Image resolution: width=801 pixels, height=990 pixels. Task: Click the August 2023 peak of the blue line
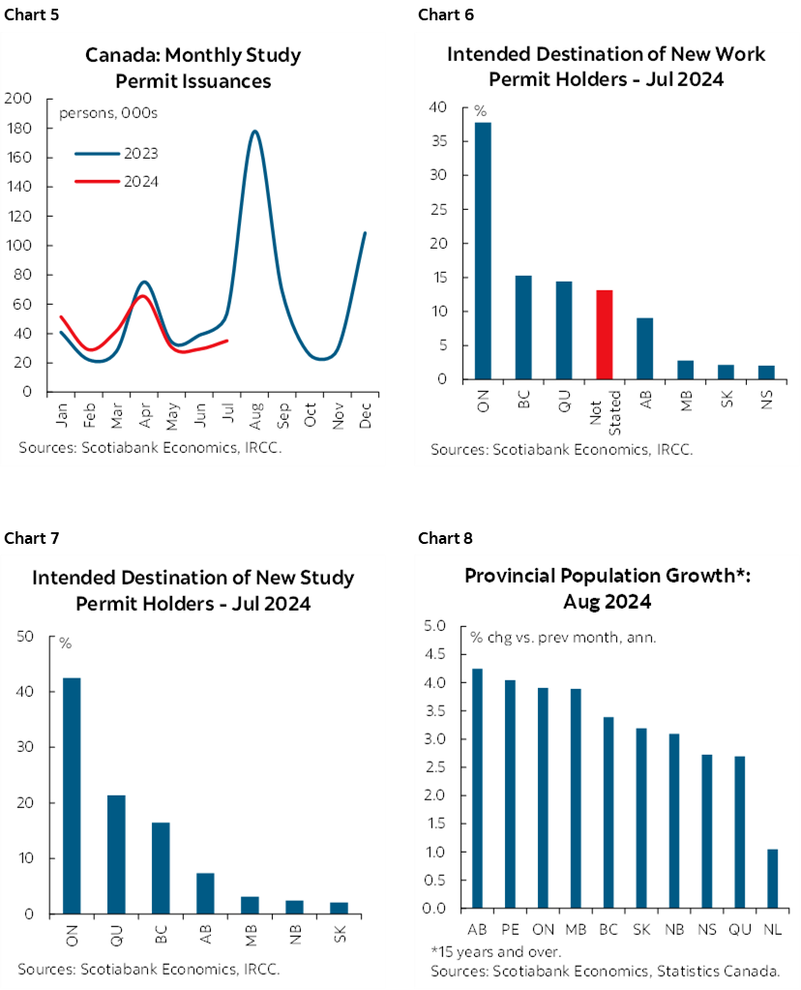point(254,132)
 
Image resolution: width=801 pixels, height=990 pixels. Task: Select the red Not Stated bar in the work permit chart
point(604,334)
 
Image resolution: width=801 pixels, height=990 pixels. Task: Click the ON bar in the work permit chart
point(482,251)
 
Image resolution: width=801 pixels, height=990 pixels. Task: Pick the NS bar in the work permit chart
point(767,373)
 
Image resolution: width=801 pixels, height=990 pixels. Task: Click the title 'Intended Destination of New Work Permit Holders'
point(606,66)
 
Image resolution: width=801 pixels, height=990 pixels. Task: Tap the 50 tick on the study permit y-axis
point(25,636)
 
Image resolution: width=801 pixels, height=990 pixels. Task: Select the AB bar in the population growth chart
point(477,788)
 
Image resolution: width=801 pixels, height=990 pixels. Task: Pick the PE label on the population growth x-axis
point(508,929)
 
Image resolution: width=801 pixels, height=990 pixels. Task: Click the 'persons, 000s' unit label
point(108,113)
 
